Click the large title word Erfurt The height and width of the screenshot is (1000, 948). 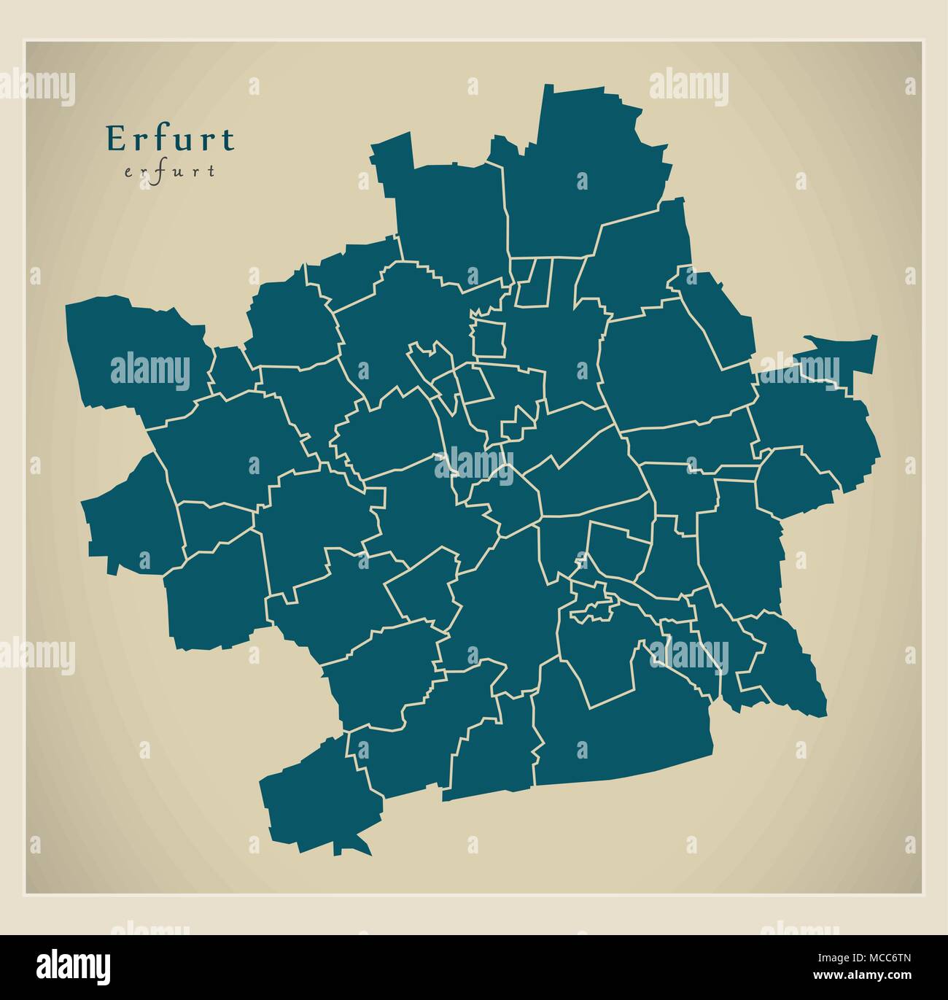171,139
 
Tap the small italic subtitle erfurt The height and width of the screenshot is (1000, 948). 170,172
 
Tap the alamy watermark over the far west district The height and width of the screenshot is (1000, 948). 149,371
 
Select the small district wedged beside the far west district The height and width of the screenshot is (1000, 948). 228,368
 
